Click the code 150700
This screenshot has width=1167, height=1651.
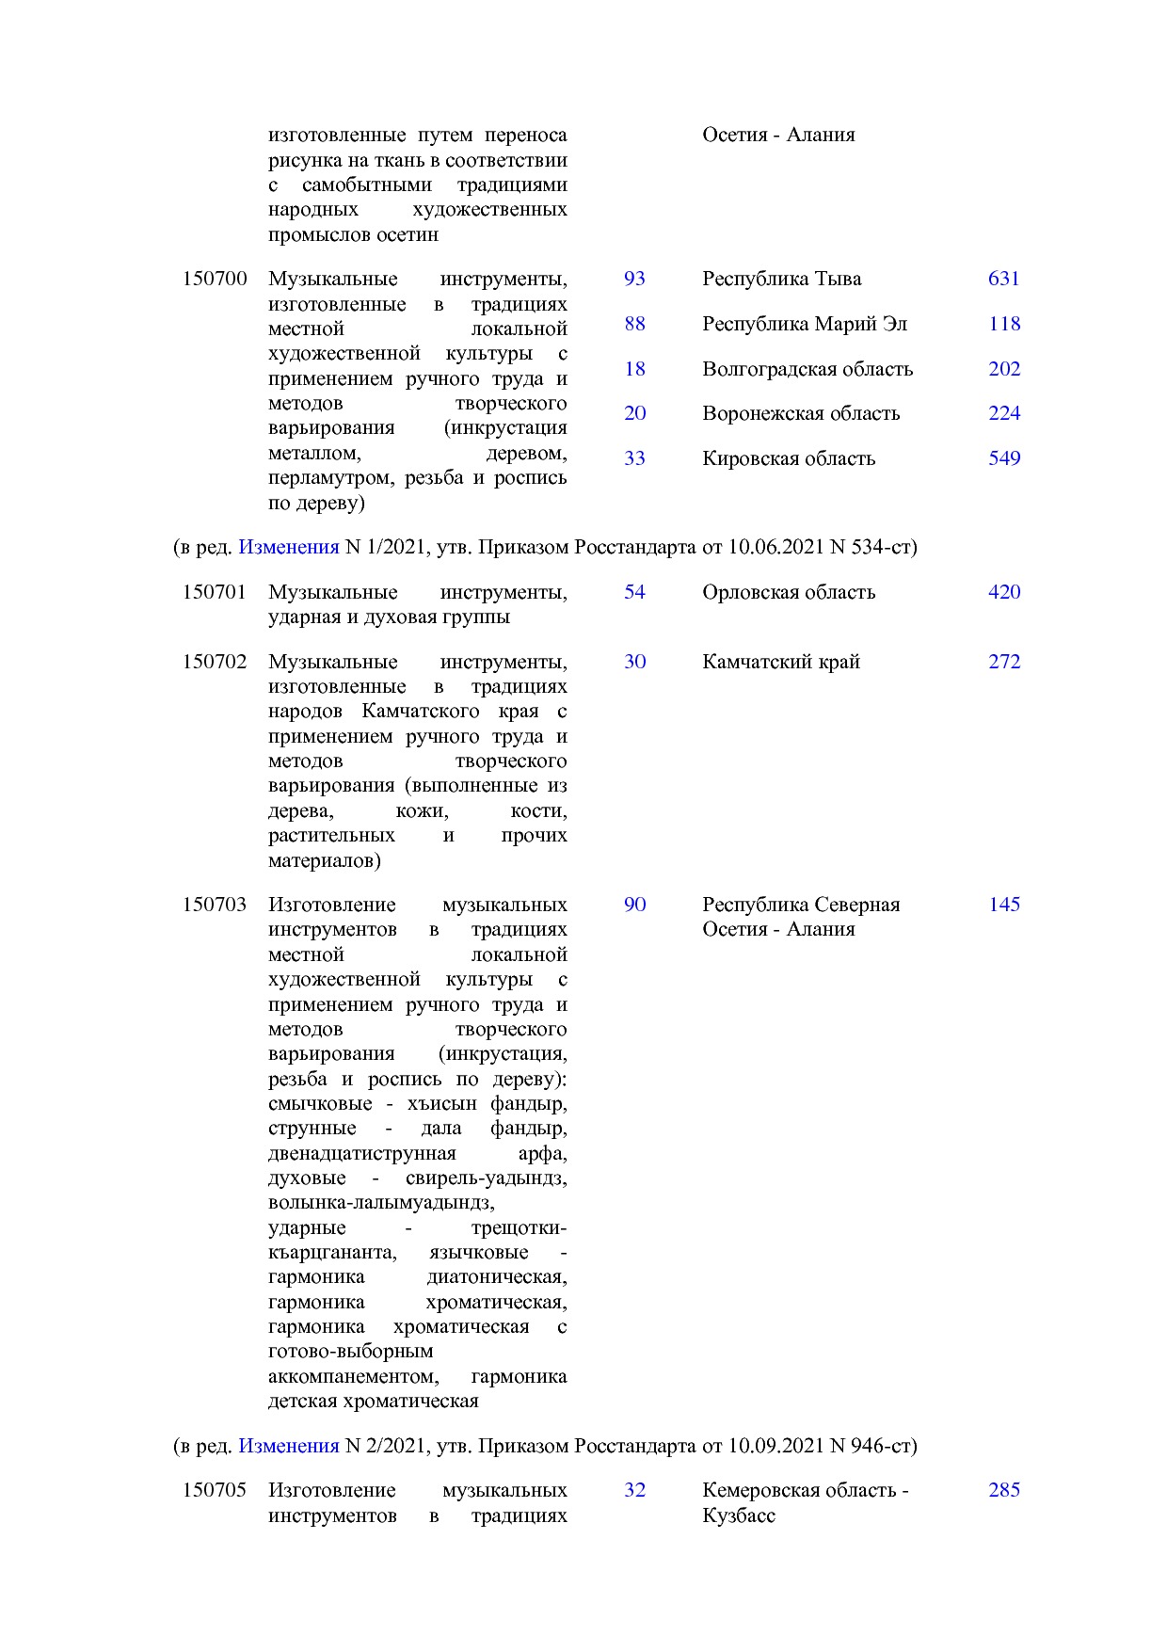coord(215,279)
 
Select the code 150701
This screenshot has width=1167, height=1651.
coord(215,592)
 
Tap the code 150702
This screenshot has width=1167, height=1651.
coord(215,662)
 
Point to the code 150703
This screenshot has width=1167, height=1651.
coord(215,905)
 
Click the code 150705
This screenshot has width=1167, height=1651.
coord(215,1490)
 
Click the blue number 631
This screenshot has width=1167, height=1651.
coord(1004,279)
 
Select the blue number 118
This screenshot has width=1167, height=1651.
coord(1004,324)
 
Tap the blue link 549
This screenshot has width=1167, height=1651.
coord(1004,458)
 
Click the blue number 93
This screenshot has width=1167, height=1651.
coord(634,279)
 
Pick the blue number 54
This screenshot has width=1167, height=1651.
coord(634,592)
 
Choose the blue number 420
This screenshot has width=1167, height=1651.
coord(1004,592)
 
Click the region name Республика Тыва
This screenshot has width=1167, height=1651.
coord(781,279)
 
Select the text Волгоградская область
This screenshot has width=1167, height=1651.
coord(807,369)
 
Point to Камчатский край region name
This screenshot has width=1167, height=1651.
coord(780,662)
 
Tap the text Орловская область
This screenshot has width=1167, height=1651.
coord(788,592)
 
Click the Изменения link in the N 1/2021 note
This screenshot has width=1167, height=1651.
coord(288,547)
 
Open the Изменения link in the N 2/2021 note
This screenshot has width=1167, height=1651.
coord(288,1446)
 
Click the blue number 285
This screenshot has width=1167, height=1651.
coord(1004,1490)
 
